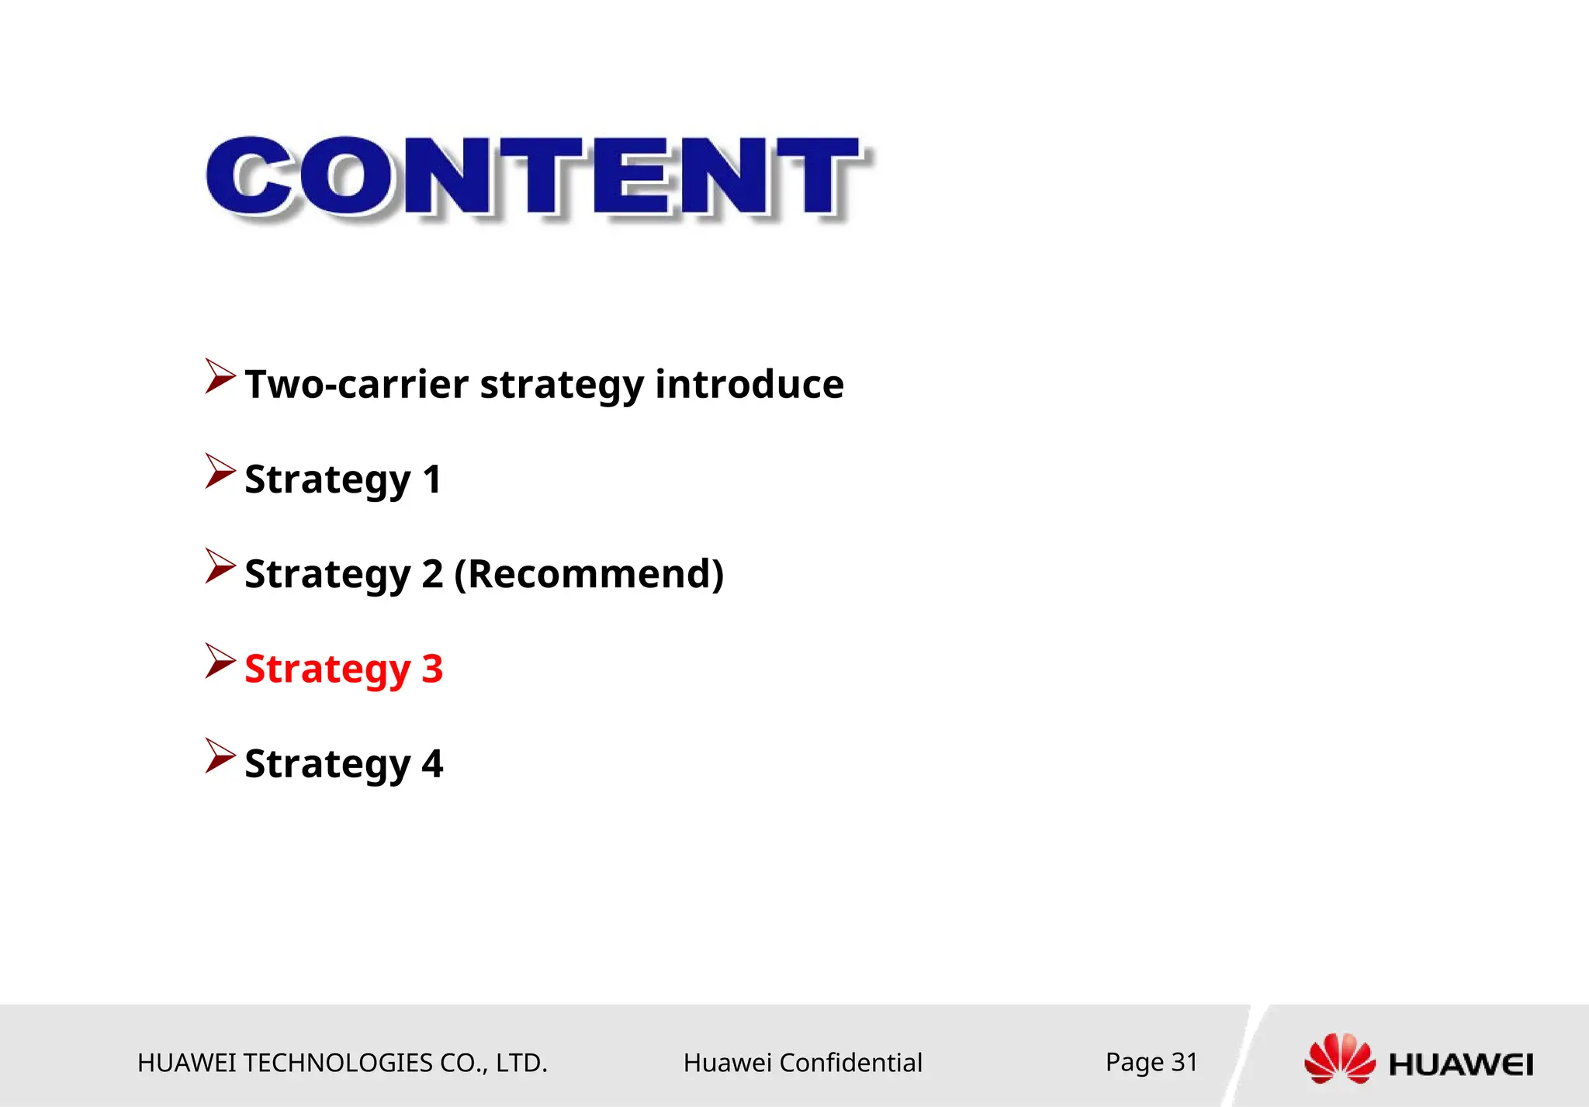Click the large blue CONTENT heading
(x=535, y=176)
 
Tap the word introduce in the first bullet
(x=749, y=385)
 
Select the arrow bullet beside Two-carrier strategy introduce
(x=220, y=376)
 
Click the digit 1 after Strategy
(x=432, y=479)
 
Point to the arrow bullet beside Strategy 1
(x=220, y=471)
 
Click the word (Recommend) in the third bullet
(x=589, y=574)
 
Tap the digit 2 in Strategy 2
(x=432, y=574)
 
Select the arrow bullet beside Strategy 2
(x=220, y=566)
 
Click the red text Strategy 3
(x=344, y=669)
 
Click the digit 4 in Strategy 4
(x=432, y=763)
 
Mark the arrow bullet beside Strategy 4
(x=220, y=756)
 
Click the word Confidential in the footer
(x=850, y=1063)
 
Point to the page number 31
(x=1184, y=1062)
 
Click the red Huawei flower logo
(x=1339, y=1059)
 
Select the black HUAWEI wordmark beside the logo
(x=1460, y=1064)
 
